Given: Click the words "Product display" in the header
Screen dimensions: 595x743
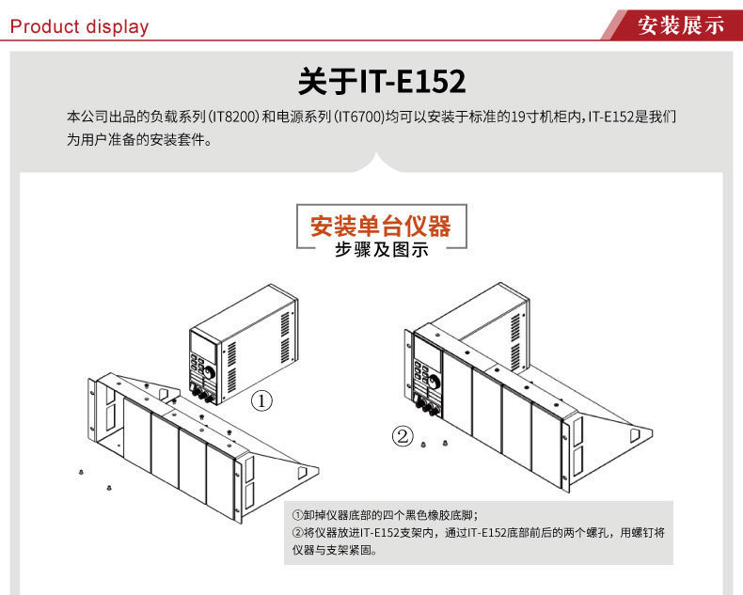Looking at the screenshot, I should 79,26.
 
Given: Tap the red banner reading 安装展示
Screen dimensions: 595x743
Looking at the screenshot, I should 681,25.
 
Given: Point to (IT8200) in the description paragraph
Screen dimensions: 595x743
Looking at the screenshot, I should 231,118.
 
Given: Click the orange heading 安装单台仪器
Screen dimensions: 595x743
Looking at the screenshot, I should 381,226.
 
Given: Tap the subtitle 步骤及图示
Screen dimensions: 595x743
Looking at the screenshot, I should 381,249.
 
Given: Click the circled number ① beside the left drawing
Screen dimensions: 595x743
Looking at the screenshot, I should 262,400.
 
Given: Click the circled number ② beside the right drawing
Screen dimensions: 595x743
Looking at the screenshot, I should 403,436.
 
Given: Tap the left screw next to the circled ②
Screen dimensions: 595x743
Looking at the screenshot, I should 425,443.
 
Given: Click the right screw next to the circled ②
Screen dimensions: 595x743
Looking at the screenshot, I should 444,443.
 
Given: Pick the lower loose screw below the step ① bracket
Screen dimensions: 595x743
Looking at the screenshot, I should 111,487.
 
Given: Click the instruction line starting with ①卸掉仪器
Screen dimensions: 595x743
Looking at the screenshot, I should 386,515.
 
